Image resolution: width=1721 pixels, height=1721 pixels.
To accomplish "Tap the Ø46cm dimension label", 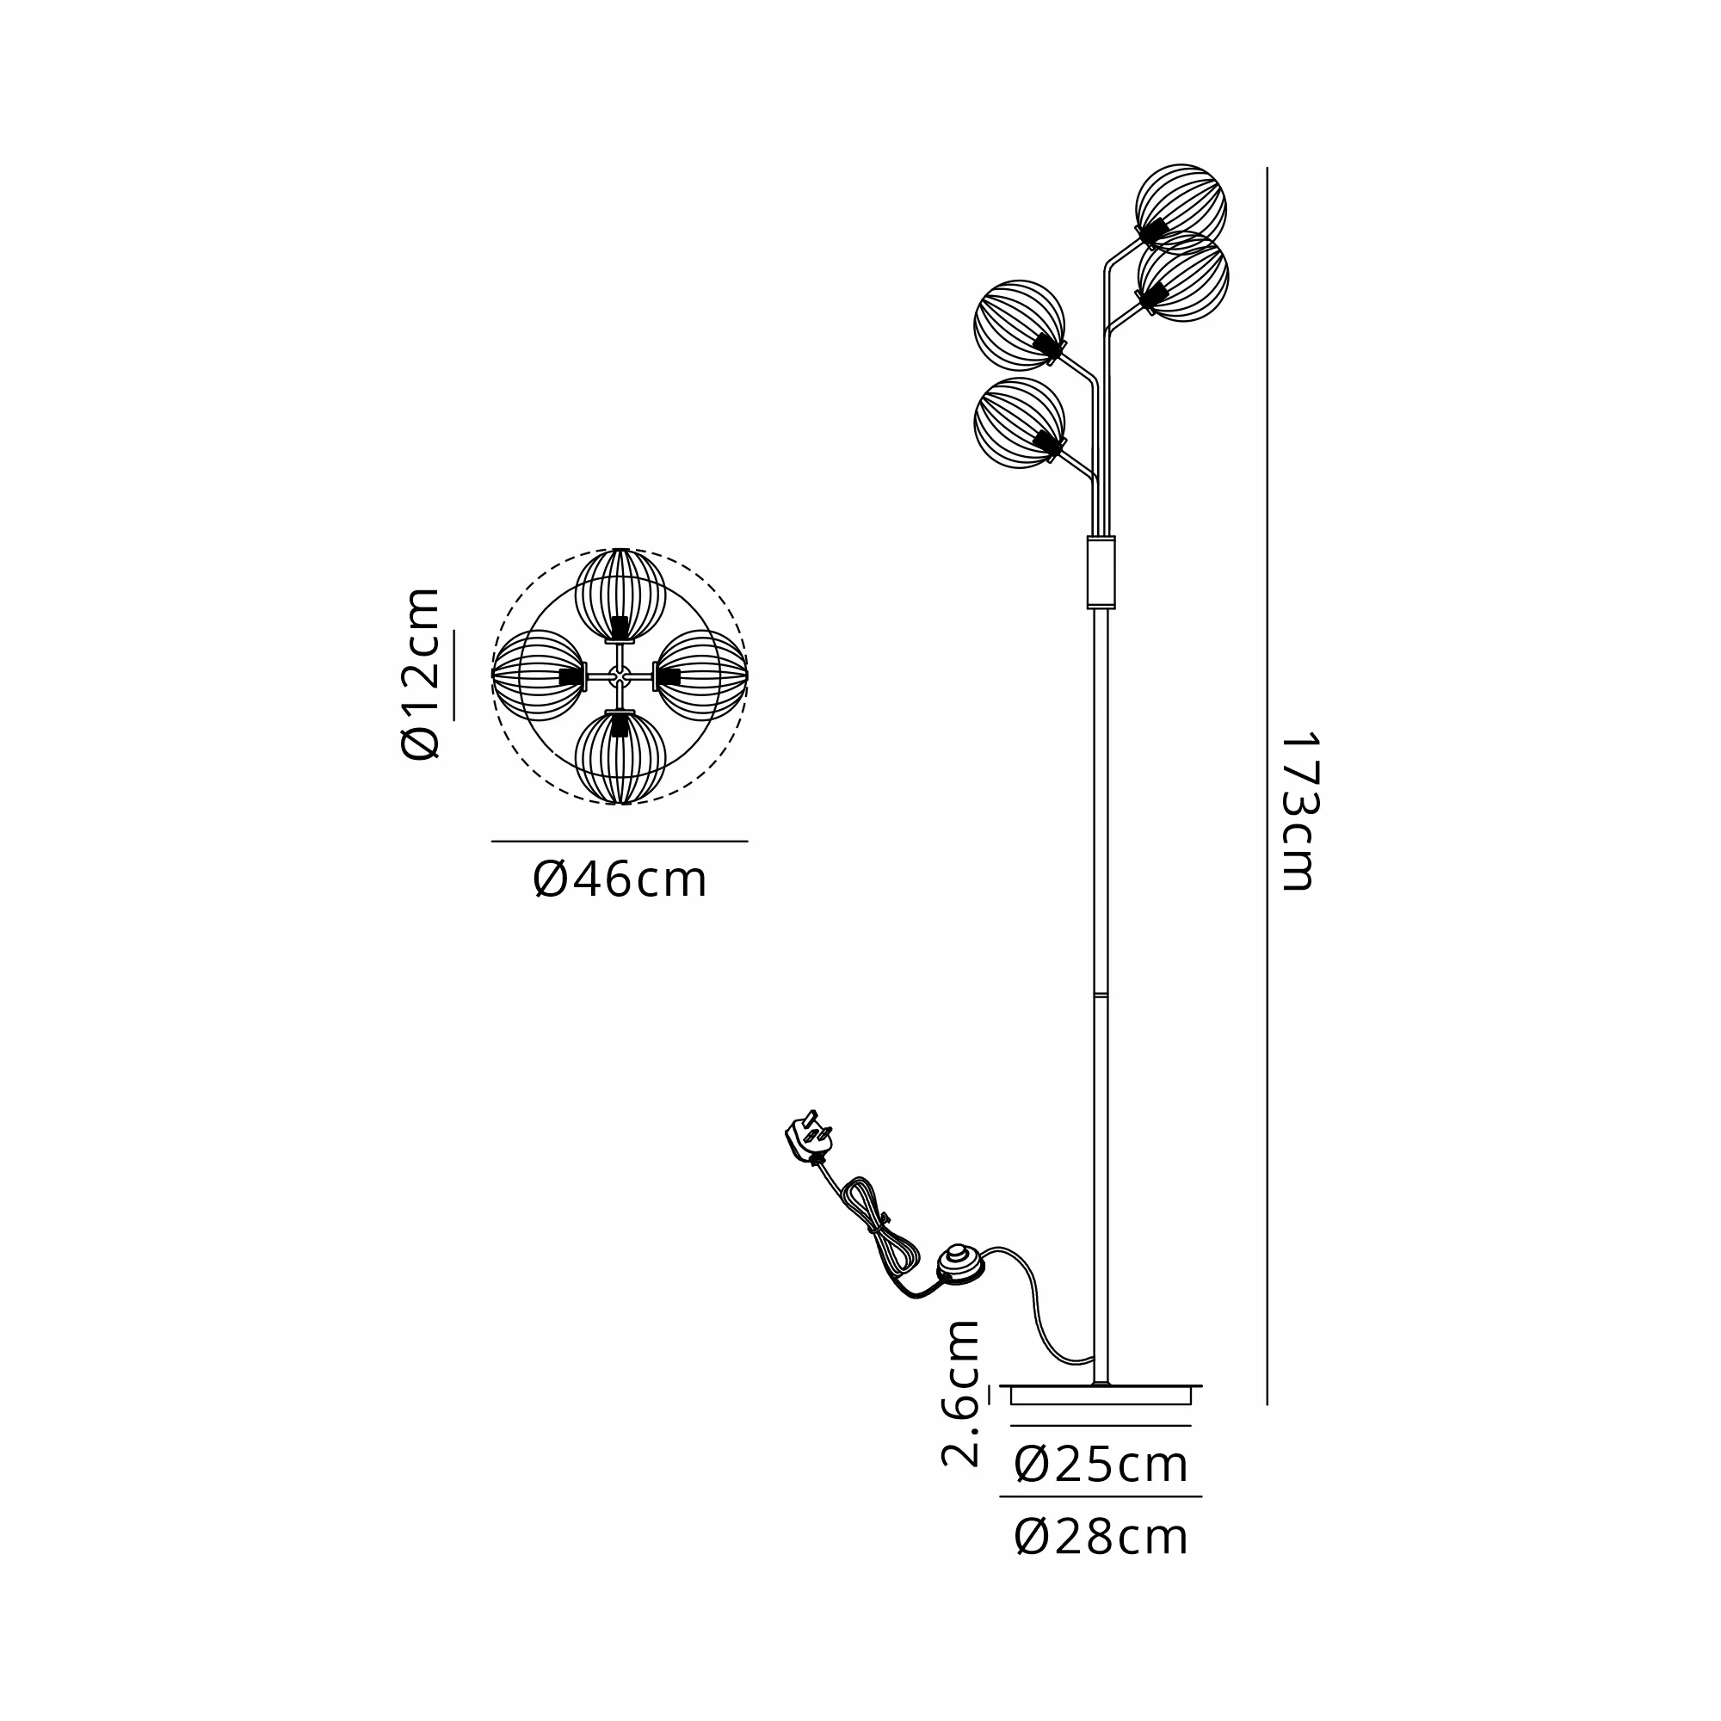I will point(620,880).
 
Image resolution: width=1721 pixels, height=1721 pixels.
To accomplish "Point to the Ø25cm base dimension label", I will point(1101,1465).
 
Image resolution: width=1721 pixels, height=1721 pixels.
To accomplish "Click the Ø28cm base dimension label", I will point(1101,1538).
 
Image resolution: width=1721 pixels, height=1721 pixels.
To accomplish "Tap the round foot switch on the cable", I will point(960,1264).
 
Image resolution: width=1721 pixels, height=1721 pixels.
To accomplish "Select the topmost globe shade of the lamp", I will point(1181,208).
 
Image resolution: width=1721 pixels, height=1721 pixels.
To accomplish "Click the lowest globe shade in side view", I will point(1019,423).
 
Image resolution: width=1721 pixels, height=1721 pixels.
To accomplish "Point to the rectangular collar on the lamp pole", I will point(1101,572).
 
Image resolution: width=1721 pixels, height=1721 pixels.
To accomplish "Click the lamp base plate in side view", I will point(1101,1395).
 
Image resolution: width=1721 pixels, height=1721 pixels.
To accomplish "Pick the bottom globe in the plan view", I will point(620,758).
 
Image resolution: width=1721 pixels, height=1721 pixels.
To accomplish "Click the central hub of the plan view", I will point(620,676).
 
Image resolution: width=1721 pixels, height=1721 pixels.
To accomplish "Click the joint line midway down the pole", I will point(1101,993).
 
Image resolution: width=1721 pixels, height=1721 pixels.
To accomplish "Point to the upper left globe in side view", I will point(1019,324).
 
